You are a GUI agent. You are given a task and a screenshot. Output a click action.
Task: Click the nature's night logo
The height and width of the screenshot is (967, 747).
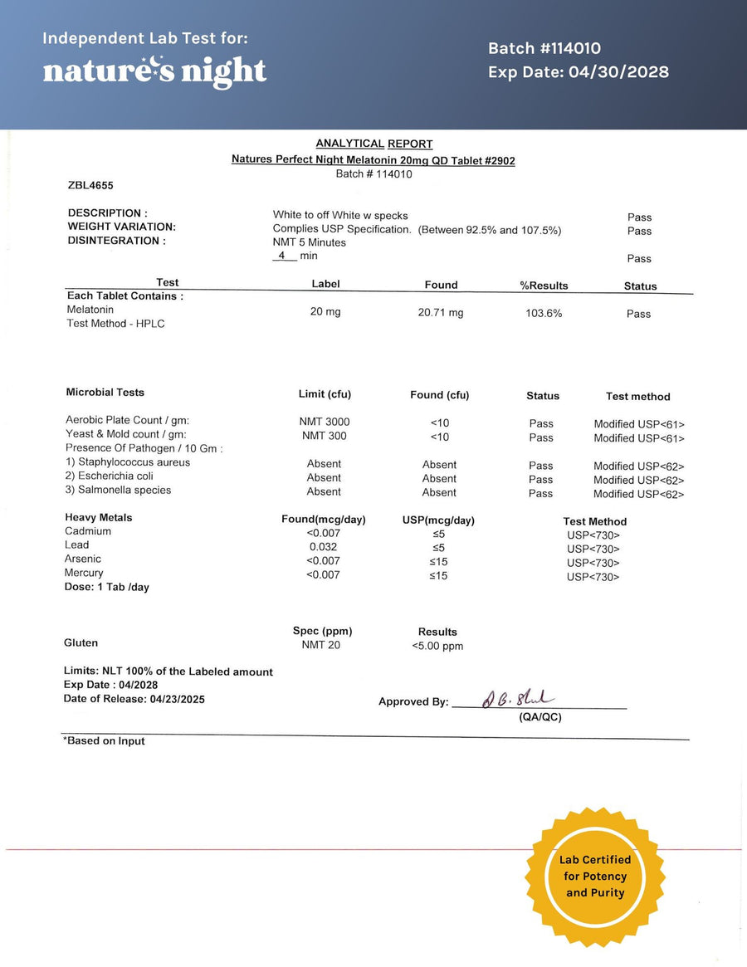[x=154, y=71]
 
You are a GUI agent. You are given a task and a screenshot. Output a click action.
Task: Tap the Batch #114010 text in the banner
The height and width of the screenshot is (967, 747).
[x=544, y=49]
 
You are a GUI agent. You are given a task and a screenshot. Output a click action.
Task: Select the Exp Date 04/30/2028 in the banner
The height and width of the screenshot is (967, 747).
[x=578, y=72]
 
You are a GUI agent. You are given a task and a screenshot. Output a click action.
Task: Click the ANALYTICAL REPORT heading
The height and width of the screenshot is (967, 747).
[x=373, y=144]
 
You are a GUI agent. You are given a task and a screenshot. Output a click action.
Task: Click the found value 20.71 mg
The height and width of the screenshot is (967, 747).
[x=441, y=313]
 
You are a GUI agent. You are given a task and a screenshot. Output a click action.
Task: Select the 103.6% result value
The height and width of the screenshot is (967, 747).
[x=544, y=314]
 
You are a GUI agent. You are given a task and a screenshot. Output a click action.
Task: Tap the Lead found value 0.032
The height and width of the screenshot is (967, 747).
[x=323, y=547]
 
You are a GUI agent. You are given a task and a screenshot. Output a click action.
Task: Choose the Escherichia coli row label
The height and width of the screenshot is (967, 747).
[x=118, y=476]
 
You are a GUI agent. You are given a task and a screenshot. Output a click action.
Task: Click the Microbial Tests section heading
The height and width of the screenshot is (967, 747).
[x=105, y=392]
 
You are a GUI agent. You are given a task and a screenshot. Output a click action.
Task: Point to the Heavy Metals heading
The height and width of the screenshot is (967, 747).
[x=98, y=517]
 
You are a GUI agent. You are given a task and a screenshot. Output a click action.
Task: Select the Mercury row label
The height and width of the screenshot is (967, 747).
[x=84, y=573]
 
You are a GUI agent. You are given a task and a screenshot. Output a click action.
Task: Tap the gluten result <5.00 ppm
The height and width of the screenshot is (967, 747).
[x=437, y=646]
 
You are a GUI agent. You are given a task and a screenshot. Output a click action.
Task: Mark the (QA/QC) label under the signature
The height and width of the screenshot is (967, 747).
[x=539, y=717]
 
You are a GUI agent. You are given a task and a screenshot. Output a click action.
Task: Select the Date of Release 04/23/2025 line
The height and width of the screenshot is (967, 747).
[x=134, y=699]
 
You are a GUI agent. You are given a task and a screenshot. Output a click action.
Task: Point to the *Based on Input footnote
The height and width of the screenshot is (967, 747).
[x=104, y=741]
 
